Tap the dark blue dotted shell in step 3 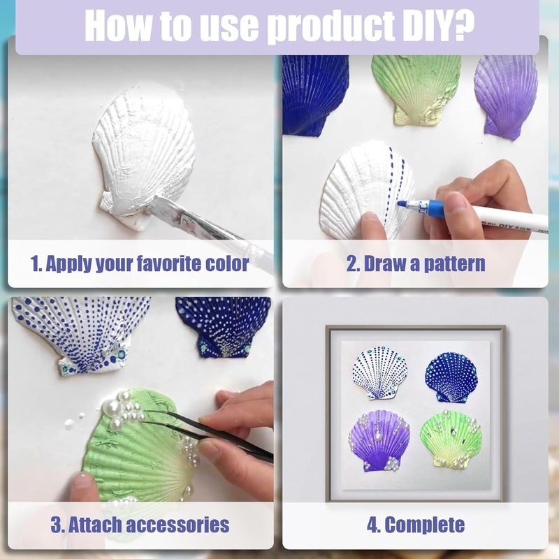[224, 326]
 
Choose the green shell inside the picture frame [451, 440]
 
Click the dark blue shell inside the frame [451, 377]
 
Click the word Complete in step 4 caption [425, 525]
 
